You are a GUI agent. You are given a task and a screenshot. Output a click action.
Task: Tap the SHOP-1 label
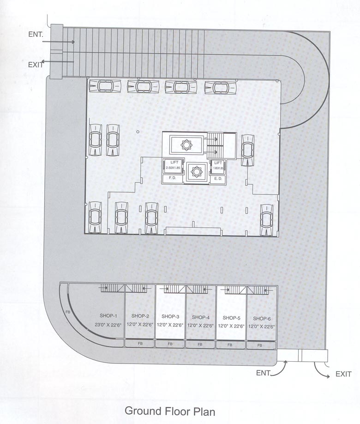pos(108,315)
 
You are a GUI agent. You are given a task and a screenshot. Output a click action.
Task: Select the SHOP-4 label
pos(201,317)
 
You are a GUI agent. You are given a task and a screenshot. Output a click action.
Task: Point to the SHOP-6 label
pos(261,318)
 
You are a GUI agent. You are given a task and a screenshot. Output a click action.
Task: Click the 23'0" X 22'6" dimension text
pos(108,325)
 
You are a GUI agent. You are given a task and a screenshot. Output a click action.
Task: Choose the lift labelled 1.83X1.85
pos(218,166)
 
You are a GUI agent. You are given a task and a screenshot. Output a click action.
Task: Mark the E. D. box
pos(218,178)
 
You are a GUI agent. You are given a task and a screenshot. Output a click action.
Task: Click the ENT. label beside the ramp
pos(36,34)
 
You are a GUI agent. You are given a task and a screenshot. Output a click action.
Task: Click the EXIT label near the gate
pos(343,375)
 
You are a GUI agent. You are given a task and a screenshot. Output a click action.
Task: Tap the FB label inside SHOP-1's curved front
pos(68,313)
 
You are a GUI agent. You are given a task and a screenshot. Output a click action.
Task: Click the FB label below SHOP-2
pos(140,344)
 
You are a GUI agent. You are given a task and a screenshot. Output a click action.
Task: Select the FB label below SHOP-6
pos(260,345)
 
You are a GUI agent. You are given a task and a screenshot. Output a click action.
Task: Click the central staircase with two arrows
pos(215,145)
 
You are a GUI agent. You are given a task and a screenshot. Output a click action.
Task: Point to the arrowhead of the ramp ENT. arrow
pos(73,42)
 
